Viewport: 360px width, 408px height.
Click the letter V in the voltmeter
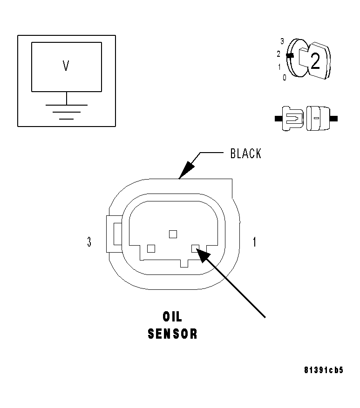[x=66, y=66]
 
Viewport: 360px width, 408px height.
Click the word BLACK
[x=245, y=154]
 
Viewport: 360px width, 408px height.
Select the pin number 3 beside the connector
[x=89, y=242]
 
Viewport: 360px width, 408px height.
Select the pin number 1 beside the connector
[x=254, y=242]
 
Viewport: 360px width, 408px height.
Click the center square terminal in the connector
[x=173, y=234]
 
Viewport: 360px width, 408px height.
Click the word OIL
[x=173, y=317]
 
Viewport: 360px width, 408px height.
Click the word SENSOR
[x=173, y=334]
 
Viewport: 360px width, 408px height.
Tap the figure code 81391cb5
[x=324, y=370]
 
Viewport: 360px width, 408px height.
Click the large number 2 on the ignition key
[x=315, y=61]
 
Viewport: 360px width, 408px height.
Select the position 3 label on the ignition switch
[x=282, y=41]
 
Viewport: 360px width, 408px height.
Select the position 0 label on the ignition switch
[x=284, y=77]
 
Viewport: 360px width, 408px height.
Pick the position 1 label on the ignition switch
[x=279, y=67]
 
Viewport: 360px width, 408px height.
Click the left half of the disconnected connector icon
[x=292, y=119]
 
